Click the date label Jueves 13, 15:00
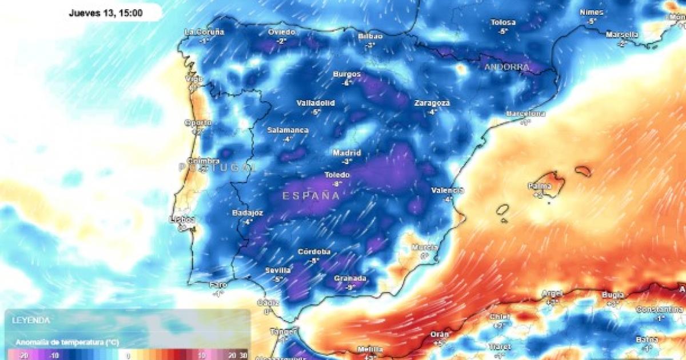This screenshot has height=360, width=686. (x=106, y=12)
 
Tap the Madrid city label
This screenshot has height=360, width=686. (x=347, y=153)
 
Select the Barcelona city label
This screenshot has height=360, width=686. (x=525, y=114)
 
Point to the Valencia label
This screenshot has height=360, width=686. (x=447, y=190)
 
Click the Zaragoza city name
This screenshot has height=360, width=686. (x=432, y=103)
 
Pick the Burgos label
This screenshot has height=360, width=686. (x=347, y=74)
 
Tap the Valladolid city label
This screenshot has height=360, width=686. (x=316, y=103)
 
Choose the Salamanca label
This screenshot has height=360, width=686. (x=288, y=130)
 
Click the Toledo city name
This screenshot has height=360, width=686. (x=337, y=175)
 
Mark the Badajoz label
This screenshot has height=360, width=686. (x=248, y=213)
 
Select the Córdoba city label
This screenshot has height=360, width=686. (x=314, y=251)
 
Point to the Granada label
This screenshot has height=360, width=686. (x=350, y=278)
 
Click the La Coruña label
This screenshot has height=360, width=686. (x=204, y=32)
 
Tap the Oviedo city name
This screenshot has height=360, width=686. (x=281, y=32)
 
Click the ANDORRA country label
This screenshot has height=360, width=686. (x=506, y=67)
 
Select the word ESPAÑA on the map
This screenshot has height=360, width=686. (x=311, y=195)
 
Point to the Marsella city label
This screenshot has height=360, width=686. (x=621, y=35)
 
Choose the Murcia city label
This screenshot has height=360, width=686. (x=424, y=247)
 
